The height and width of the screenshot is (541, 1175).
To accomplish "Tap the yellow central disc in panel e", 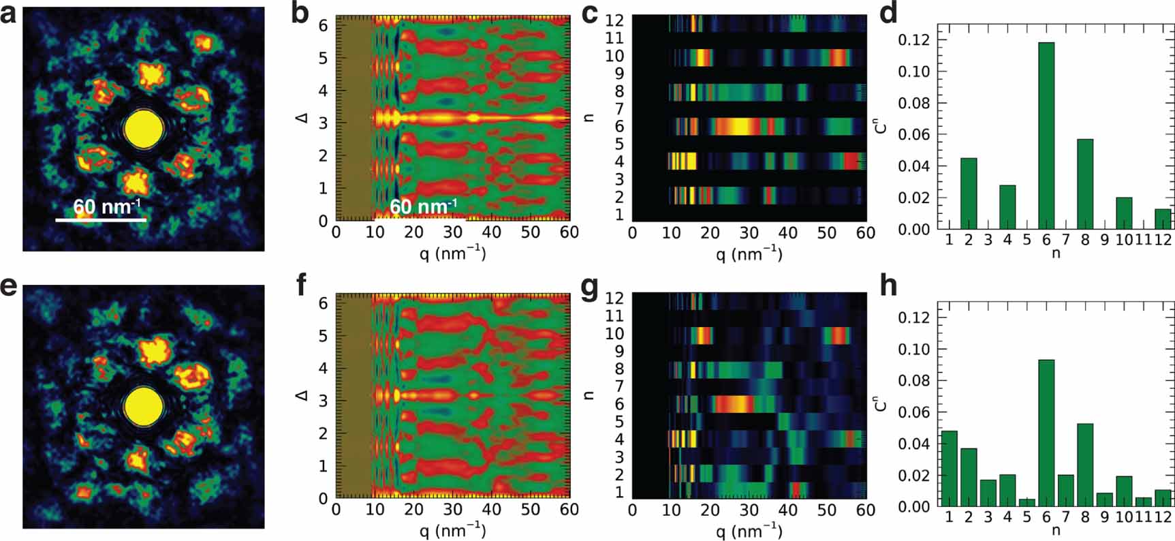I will [144, 407].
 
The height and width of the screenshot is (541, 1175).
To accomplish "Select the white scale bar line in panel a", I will [101, 220].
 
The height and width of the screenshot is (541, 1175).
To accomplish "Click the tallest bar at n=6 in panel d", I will [1046, 136].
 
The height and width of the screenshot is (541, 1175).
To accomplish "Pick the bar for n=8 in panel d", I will [1085, 184].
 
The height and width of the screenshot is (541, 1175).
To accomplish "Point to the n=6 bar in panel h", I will [1046, 433].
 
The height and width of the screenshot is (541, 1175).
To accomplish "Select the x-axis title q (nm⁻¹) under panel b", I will [452, 254].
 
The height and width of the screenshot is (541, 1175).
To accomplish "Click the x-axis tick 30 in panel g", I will [749, 510].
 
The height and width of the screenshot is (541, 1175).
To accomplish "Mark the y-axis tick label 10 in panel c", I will [614, 56].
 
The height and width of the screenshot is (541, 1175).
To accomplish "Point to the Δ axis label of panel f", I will [302, 395].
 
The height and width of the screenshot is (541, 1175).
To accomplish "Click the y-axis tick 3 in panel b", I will [324, 123].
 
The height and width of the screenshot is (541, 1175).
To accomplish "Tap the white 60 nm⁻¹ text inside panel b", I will [422, 206].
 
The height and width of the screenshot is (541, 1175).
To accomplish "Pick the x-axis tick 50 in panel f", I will [530, 510].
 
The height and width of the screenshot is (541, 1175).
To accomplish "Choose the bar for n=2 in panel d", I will [968, 194].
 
